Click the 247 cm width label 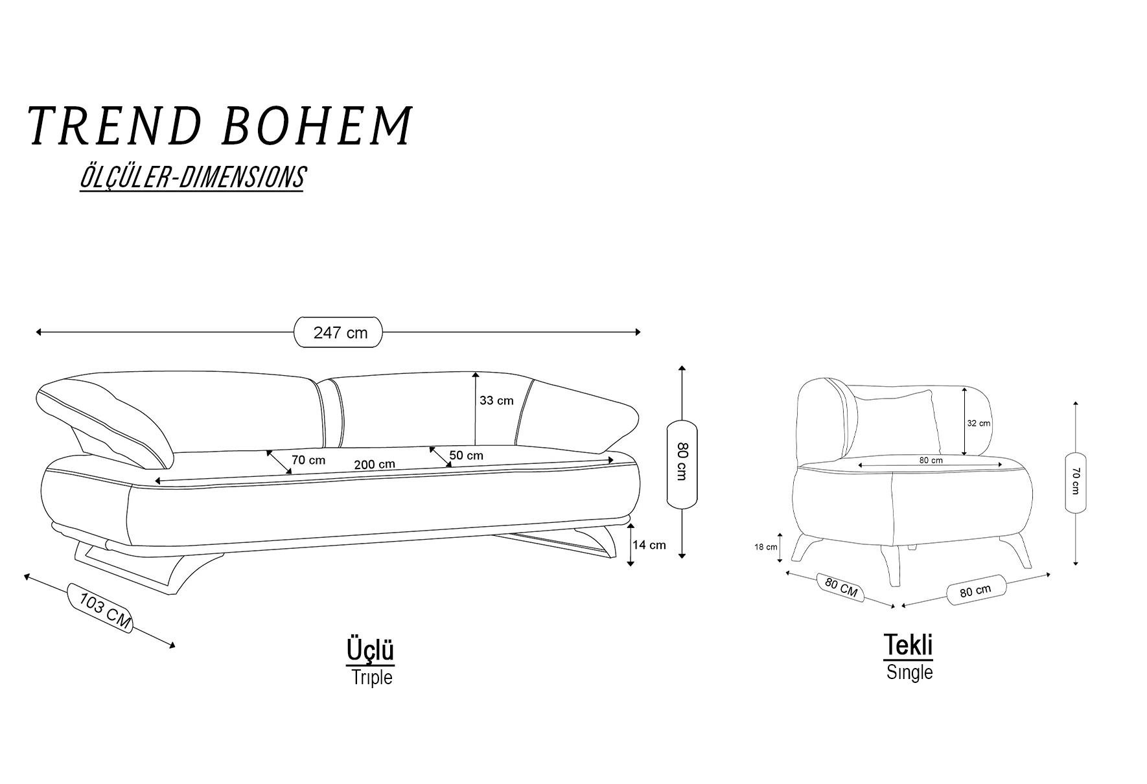340,332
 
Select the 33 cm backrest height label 496,400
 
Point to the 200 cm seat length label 375,465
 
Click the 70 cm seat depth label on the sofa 308,460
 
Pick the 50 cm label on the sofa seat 467,455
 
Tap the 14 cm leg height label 649,545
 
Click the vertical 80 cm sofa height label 682,461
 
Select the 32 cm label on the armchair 979,423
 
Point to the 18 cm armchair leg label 766,547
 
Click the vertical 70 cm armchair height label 1075,482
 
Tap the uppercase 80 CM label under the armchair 841,587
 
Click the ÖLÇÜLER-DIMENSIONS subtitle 192,177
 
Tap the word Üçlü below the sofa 371,650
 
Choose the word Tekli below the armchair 909,645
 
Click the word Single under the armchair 910,673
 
